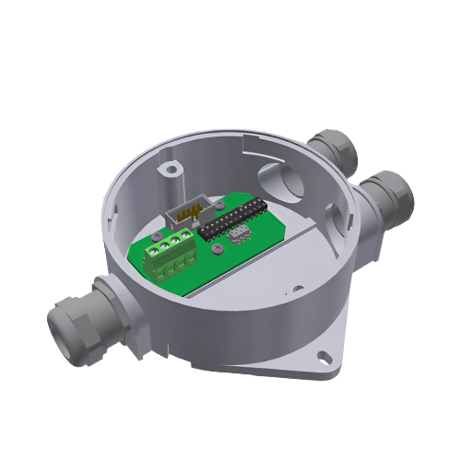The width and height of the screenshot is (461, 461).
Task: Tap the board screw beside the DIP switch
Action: click(x=215, y=249)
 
